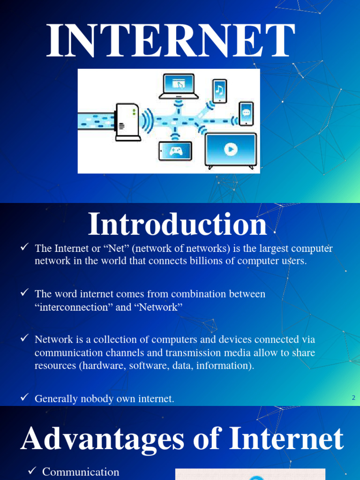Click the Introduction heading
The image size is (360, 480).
pyautogui.click(x=177, y=225)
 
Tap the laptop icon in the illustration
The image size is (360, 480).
pyautogui.click(x=178, y=86)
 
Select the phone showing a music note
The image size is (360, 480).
pyautogui.click(x=219, y=90)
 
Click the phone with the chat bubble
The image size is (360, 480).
pyautogui.click(x=246, y=113)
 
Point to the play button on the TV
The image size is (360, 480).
pyautogui.click(x=231, y=149)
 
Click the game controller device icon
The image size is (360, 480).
pyautogui.click(x=175, y=151)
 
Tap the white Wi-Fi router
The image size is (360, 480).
pyautogui.click(x=127, y=122)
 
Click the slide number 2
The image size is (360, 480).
pyautogui.click(x=353, y=398)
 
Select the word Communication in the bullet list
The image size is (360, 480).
pyautogui.click(x=81, y=472)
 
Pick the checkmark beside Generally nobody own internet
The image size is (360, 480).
pyautogui.click(x=25, y=398)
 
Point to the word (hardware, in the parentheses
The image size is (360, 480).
pyautogui.click(x=101, y=366)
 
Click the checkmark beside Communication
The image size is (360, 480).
pyautogui.click(x=32, y=471)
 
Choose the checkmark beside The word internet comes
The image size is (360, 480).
pyautogui.click(x=25, y=293)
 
